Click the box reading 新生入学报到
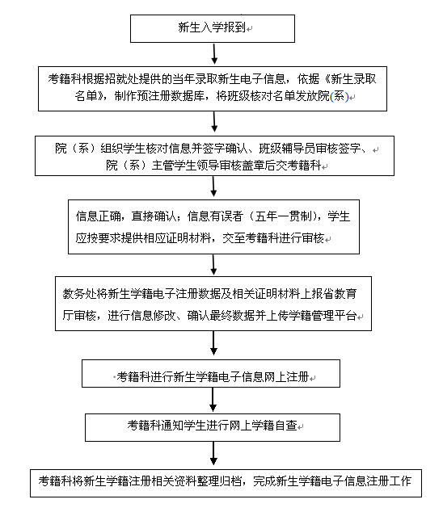(x=213, y=28)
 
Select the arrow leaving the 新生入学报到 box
(x=214, y=54)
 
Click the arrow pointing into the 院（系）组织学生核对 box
(x=214, y=121)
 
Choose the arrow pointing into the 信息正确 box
(x=213, y=186)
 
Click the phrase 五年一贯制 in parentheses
(x=283, y=216)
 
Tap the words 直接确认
(x=153, y=216)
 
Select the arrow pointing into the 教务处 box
(x=213, y=265)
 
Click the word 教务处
(x=79, y=294)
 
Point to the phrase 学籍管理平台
(x=323, y=316)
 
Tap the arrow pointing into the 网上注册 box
(x=213, y=343)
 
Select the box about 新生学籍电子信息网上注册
(x=211, y=374)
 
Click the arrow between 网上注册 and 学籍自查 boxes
(x=213, y=400)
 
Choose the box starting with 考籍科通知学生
(x=213, y=428)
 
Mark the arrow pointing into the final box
(x=213, y=453)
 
